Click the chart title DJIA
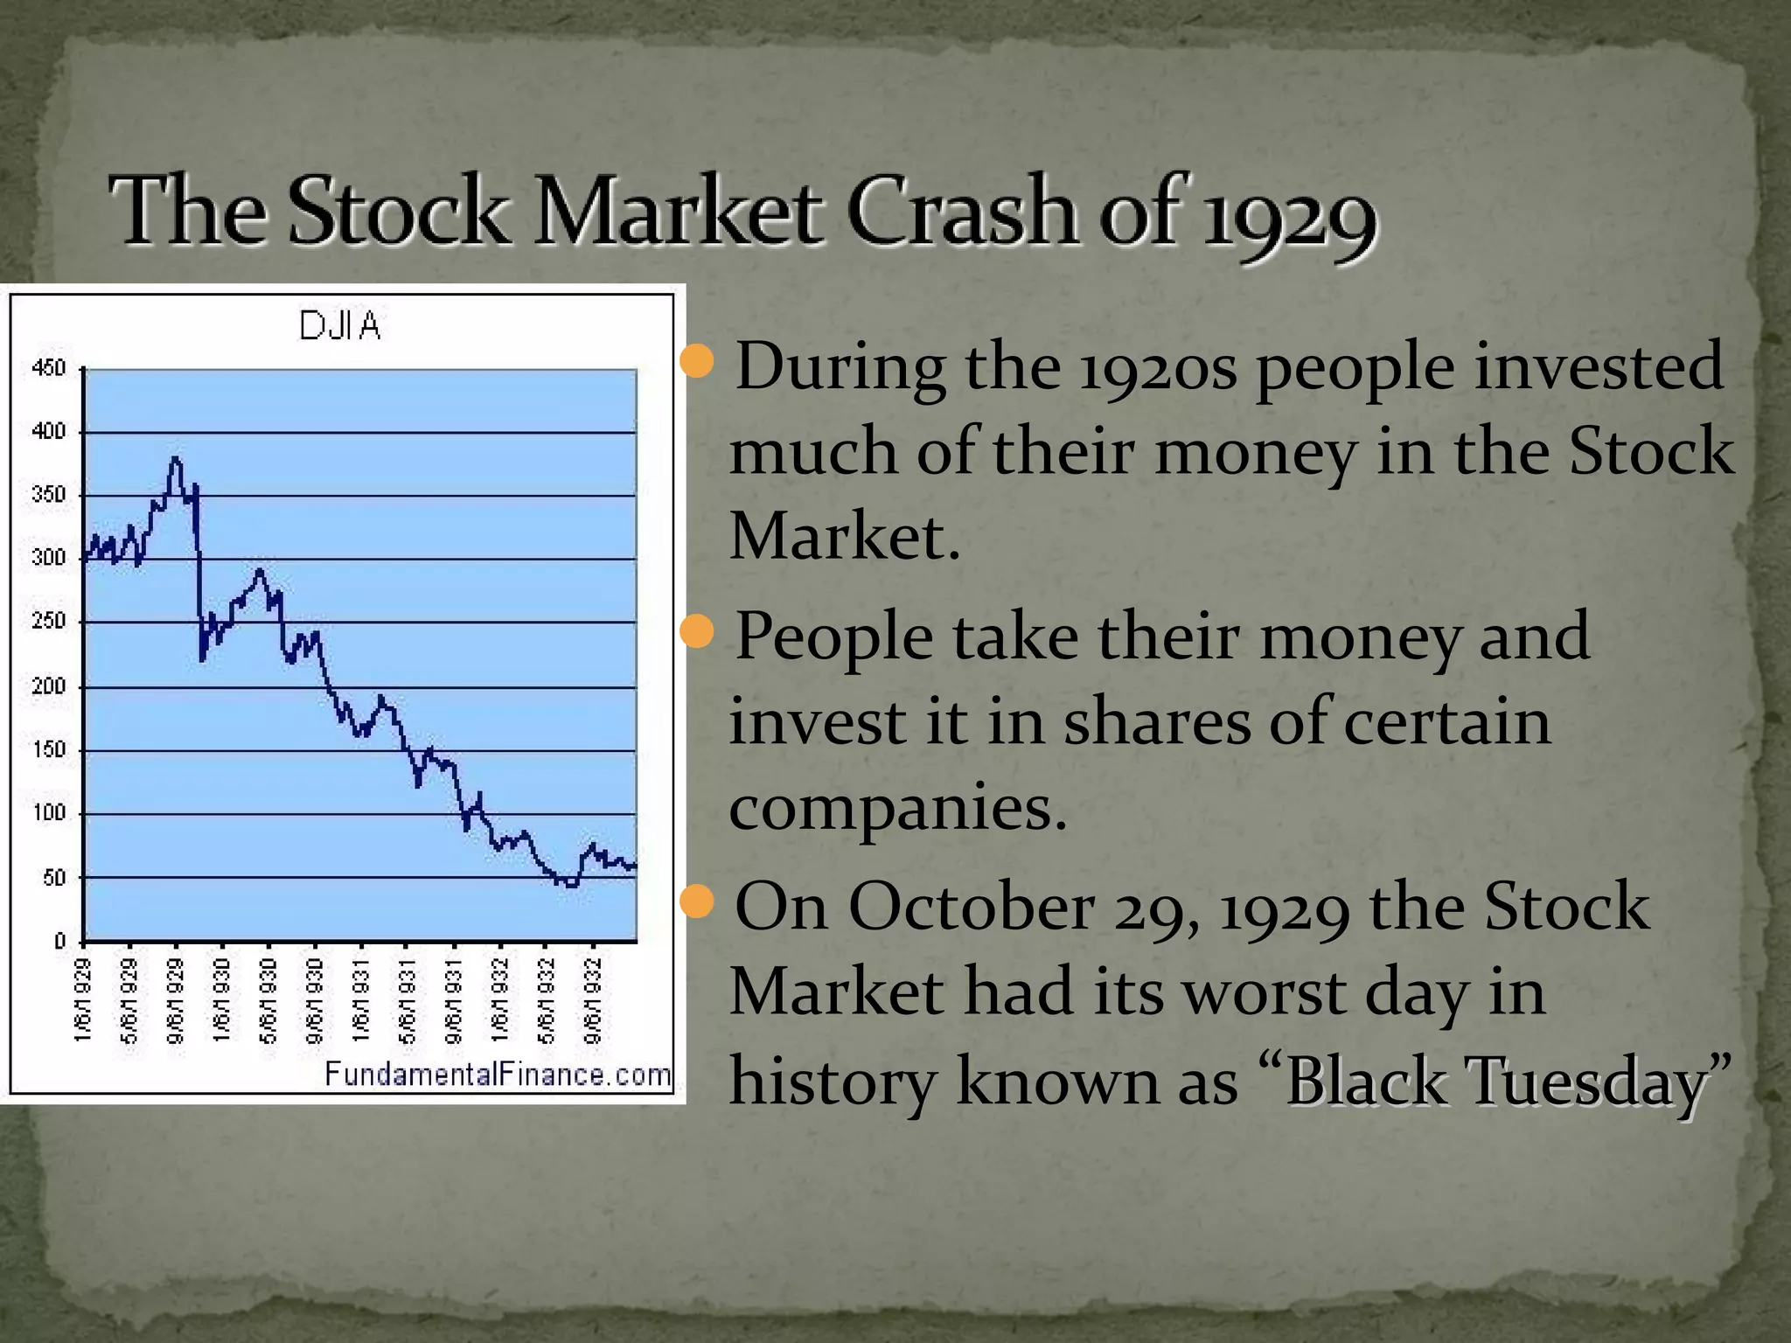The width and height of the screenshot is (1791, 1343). coord(340,326)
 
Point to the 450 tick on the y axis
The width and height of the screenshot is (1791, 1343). coord(49,368)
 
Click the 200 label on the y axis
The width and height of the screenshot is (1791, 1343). coord(49,686)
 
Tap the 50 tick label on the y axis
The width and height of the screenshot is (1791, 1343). coord(54,878)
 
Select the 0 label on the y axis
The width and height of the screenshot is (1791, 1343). coord(59,942)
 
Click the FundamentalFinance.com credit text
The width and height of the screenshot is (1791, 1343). coord(497,1074)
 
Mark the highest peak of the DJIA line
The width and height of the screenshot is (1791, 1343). coord(176,458)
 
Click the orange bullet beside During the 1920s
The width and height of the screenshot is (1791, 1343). coord(697,361)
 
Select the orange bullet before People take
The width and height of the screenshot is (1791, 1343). coord(697,631)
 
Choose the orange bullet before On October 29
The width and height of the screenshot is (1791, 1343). coord(697,901)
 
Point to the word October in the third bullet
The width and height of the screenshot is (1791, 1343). coord(971,906)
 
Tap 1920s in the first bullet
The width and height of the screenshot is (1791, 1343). coord(1158,366)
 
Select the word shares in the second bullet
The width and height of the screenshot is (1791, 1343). coord(1156,722)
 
